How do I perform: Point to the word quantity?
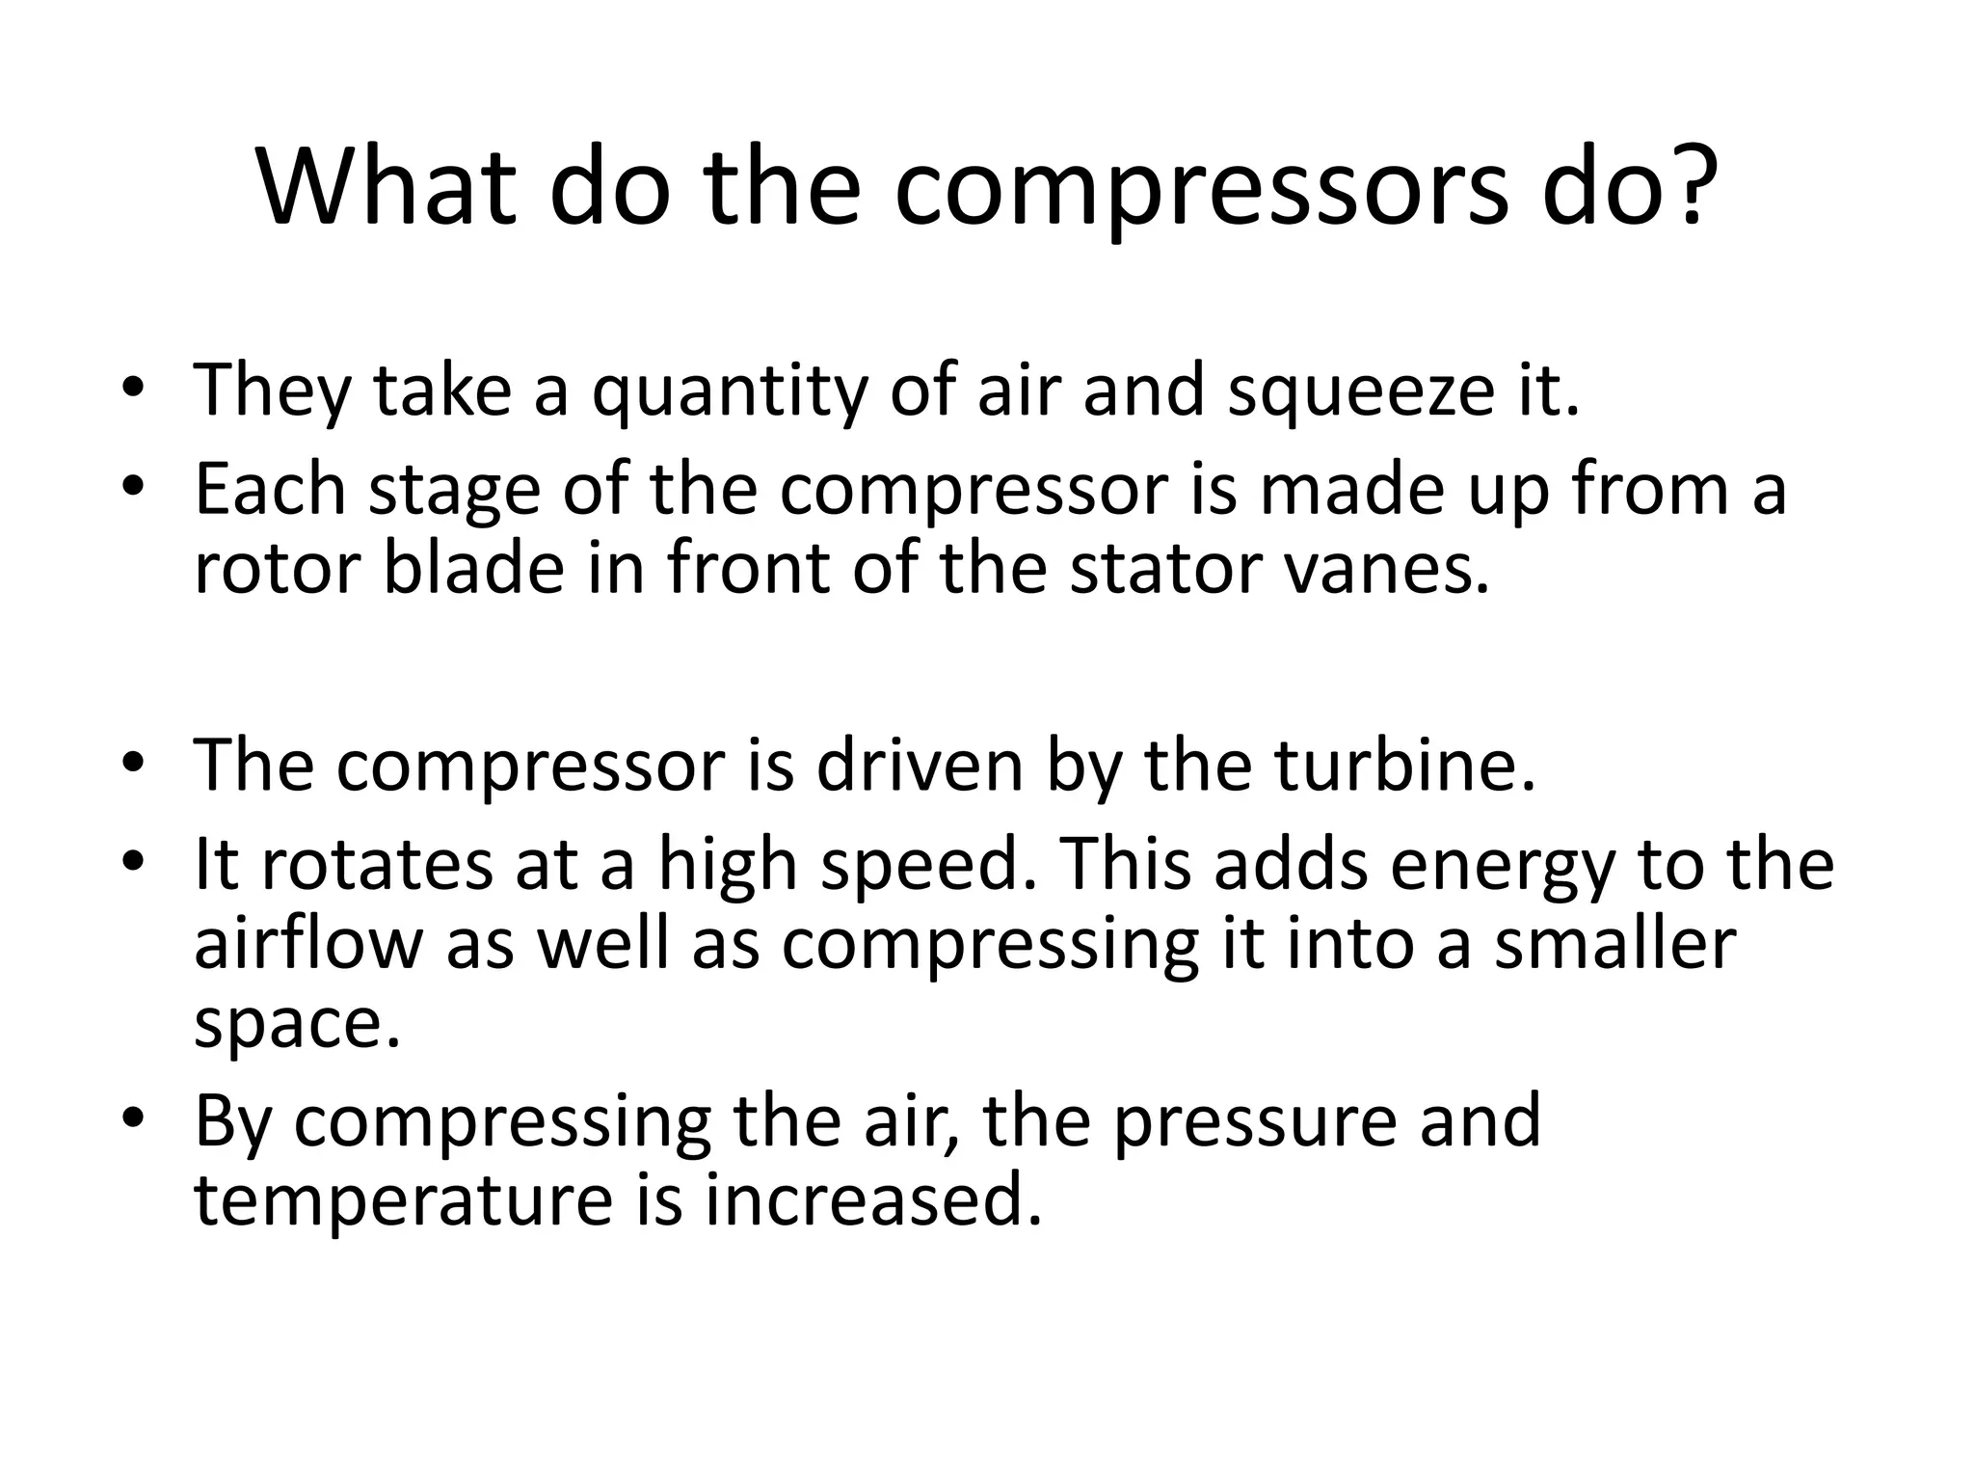(730, 394)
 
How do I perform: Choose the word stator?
(1167, 569)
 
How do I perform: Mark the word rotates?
(377, 864)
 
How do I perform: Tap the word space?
(296, 1026)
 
